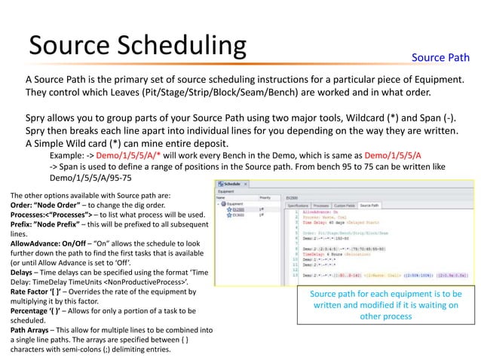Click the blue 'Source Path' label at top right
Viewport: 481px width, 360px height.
[441, 58]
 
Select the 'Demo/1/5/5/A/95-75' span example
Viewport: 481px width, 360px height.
[91, 179]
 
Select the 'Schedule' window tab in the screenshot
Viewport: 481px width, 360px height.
[232, 183]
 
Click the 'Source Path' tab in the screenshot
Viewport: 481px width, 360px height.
[369, 205]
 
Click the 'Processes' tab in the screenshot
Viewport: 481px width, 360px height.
[320, 205]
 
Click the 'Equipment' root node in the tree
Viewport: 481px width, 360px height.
[234, 203]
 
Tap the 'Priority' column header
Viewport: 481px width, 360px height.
[264, 197]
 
